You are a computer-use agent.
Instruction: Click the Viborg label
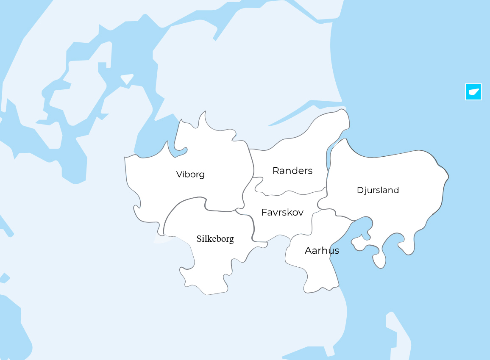[190, 174]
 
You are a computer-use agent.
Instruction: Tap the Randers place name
[292, 171]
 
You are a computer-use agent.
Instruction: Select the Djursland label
[378, 190]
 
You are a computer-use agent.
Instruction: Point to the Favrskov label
[282, 212]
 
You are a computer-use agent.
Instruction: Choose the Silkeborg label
[215, 239]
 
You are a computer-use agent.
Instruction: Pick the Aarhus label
[322, 250]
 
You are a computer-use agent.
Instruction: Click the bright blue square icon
[473, 91]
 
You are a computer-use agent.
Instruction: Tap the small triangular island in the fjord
[127, 79]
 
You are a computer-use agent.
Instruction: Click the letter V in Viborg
[179, 174]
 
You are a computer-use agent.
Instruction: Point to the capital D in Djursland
[360, 190]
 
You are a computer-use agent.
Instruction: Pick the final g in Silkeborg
[231, 240]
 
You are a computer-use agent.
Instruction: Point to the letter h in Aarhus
[325, 250]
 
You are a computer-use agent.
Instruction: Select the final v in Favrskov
[301, 213]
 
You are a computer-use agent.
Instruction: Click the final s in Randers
[310, 171]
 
